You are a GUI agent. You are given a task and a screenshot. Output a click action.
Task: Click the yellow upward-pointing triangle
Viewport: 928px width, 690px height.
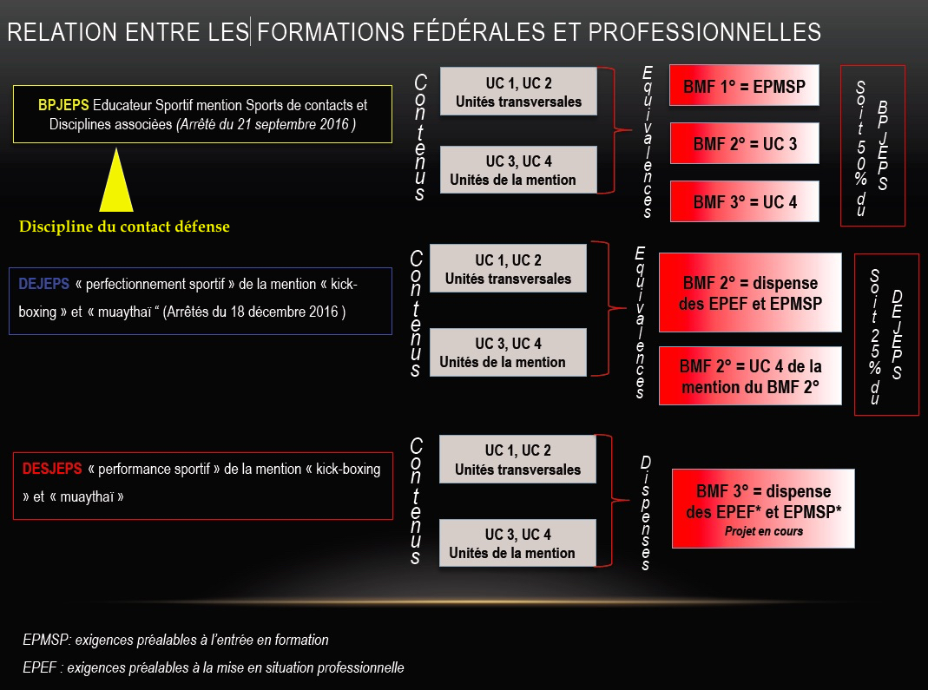pyautogui.click(x=116, y=181)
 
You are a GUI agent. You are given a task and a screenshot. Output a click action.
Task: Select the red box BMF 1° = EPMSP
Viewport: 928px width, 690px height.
pyautogui.click(x=744, y=86)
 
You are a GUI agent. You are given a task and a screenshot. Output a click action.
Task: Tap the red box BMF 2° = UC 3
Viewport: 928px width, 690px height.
pyautogui.click(x=745, y=144)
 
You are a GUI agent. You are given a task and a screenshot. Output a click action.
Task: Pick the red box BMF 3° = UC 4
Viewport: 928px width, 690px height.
pyautogui.click(x=745, y=201)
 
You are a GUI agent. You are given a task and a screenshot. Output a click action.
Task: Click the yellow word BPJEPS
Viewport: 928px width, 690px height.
pyautogui.click(x=63, y=105)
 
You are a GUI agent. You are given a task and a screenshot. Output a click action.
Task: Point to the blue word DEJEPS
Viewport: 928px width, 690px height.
pyautogui.click(x=43, y=284)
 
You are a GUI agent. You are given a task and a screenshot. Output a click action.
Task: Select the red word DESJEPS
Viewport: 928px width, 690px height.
pyautogui.click(x=52, y=469)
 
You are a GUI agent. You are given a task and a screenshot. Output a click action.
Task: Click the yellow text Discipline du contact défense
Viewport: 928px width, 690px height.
pyautogui.click(x=124, y=227)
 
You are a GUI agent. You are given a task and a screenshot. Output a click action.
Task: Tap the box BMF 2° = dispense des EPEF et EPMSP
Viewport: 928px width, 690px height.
pyautogui.click(x=750, y=293)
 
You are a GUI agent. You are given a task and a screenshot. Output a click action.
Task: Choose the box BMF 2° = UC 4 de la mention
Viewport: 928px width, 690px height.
pyautogui.click(x=750, y=377)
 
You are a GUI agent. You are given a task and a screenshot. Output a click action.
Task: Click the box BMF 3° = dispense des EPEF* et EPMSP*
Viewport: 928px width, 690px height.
pyautogui.click(x=763, y=509)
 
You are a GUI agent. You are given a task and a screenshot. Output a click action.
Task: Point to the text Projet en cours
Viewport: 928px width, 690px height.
pyautogui.click(x=763, y=531)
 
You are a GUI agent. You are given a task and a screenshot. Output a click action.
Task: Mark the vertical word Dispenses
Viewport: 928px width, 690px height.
pyautogui.click(x=646, y=513)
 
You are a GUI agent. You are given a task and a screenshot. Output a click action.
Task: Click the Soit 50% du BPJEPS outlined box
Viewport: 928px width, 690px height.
pyautogui.click(x=872, y=146)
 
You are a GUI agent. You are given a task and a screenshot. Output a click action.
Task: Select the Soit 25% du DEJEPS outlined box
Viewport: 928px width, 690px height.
pyautogui.click(x=886, y=334)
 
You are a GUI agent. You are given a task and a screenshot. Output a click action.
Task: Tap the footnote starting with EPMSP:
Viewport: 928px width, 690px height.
pyautogui.click(x=175, y=640)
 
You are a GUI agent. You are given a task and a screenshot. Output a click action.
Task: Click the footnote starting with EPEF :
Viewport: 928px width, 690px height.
pyautogui.click(x=213, y=667)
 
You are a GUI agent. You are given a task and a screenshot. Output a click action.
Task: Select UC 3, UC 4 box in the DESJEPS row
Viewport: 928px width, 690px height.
pyautogui.click(x=517, y=543)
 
